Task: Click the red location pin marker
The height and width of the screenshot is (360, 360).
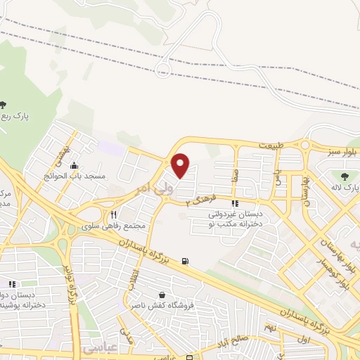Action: coord(181,165)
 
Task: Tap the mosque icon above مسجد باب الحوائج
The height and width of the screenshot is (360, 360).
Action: coord(74,165)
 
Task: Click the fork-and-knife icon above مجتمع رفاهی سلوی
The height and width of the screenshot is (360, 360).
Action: coord(112,215)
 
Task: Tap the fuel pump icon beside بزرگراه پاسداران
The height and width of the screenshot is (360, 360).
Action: coord(185,262)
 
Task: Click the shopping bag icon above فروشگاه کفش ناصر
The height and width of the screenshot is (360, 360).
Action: coord(163,295)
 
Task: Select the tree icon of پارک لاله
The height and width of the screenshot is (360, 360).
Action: coord(345,176)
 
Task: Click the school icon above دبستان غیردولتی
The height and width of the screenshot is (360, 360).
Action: coord(244,203)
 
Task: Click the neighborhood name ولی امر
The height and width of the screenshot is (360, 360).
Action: coord(150,188)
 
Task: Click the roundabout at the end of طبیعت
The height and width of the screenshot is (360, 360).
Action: coord(304,146)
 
